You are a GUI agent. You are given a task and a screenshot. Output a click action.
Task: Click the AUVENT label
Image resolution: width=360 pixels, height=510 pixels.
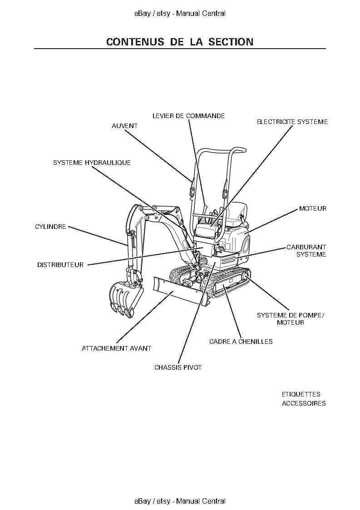pos(124,126)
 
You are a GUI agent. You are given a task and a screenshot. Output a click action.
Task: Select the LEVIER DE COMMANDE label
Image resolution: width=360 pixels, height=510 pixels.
pos(188,116)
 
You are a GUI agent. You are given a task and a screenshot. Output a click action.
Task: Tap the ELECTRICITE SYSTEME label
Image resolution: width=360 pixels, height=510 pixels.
pos(292,122)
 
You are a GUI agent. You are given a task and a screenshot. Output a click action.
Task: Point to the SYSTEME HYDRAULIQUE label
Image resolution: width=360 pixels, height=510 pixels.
pos(92,163)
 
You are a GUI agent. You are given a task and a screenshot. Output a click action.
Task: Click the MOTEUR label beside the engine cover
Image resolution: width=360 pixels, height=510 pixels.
pos(312,208)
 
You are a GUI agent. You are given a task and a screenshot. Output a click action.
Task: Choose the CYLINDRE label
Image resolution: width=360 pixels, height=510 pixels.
pos(50,227)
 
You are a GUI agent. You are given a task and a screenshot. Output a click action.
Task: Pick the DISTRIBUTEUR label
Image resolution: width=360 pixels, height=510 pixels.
pos(60,265)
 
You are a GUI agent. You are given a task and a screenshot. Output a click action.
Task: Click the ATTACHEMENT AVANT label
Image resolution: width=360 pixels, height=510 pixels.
pos(116,348)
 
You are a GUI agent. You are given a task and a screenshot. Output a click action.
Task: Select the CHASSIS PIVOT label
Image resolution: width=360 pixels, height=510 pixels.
pos(178,367)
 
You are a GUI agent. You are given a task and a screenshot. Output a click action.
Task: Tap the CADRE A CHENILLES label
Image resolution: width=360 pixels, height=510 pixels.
pos(241,342)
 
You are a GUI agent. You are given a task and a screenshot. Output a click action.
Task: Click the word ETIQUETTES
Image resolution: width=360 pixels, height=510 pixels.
pos(301,394)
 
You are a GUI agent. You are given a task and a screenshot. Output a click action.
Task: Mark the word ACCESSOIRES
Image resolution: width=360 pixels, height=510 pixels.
pos(304,403)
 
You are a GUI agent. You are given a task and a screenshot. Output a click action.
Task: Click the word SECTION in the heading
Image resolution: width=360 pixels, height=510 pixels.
pos(231,42)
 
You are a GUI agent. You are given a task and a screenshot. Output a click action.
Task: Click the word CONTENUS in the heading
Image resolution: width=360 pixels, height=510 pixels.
pos(135,42)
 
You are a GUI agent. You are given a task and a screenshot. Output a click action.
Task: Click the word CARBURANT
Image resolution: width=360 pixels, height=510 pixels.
pos(306,248)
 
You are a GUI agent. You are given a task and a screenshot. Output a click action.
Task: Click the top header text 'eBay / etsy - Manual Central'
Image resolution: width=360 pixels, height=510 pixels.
pos(180,14)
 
